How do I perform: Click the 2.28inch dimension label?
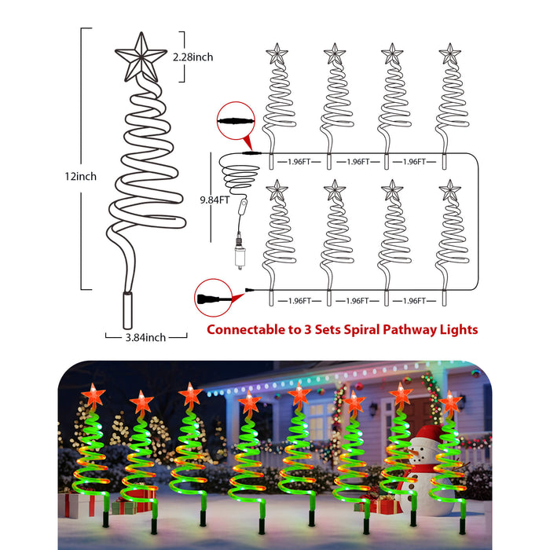click(192, 57)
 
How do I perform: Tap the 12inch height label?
click(80, 176)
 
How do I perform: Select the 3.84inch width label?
click(145, 337)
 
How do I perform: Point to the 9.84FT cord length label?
click(214, 200)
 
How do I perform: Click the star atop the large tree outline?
click(141, 57)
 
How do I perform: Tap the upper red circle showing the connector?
click(236, 121)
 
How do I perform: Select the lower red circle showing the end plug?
click(213, 298)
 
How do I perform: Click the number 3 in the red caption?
click(307, 330)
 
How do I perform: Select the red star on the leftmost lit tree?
click(93, 395)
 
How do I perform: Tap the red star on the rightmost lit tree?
click(450, 402)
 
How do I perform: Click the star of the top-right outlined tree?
click(449, 53)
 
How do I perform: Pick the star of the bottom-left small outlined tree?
click(277, 190)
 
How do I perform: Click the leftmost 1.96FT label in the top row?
click(299, 162)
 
